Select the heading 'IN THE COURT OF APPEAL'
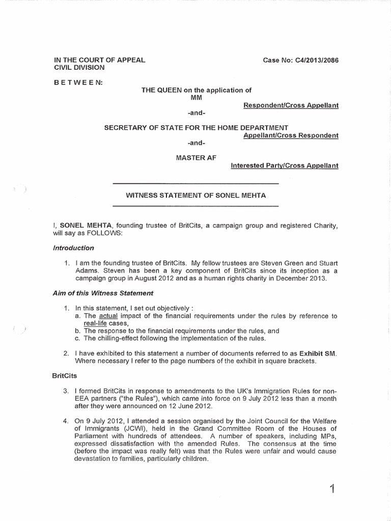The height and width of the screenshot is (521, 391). point(100,60)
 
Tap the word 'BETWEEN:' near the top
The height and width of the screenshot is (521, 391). point(79,82)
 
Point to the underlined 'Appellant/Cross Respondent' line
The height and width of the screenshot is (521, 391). point(291,135)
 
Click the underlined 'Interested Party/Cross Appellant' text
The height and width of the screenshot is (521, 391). point(285,165)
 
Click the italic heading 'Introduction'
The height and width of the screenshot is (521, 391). point(73,248)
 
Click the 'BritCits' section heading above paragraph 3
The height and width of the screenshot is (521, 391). point(64,375)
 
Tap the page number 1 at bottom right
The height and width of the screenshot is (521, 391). point(332,489)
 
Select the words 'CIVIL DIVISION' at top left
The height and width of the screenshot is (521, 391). point(79,67)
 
